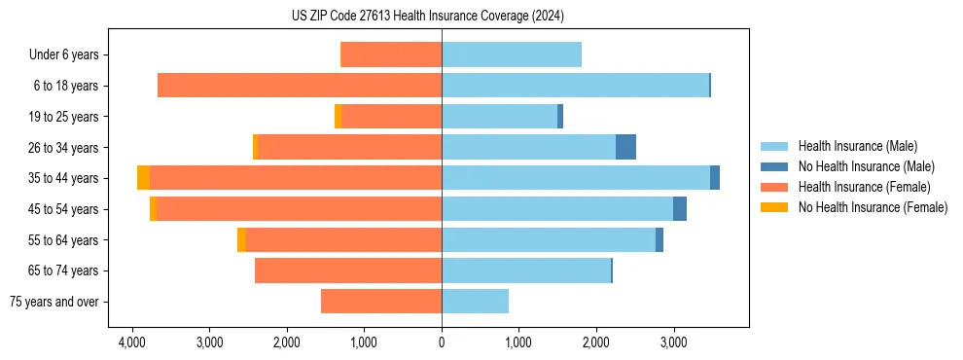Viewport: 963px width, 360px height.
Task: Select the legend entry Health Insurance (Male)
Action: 856,146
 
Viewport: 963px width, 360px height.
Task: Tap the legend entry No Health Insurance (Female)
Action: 873,207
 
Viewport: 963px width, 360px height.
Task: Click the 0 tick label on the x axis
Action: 442,342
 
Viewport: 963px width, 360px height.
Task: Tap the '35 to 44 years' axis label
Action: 63,179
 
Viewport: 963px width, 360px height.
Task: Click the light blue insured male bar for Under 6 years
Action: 512,54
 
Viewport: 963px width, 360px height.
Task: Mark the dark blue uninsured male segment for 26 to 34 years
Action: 625,147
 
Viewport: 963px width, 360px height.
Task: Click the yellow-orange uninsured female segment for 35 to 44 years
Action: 143,178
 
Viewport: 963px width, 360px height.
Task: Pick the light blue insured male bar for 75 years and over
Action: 475,302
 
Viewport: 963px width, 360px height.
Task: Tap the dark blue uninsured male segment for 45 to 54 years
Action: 680,209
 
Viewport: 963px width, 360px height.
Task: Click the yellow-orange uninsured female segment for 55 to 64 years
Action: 241,240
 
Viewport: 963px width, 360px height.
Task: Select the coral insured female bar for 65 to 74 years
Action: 348,270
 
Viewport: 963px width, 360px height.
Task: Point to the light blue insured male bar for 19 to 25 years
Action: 499,117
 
